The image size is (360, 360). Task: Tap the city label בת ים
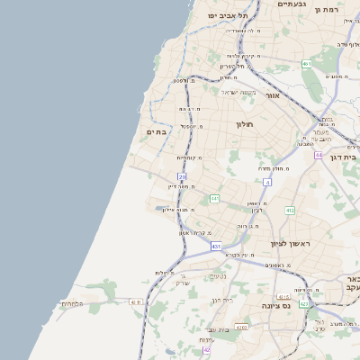coord(157,132)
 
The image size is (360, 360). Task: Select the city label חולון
coord(246,124)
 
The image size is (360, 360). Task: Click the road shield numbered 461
coord(306,64)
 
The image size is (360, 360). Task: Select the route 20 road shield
coord(182,176)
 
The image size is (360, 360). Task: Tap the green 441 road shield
coord(214,197)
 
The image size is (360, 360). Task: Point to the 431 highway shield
coord(216,245)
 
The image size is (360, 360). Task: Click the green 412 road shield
coord(290,210)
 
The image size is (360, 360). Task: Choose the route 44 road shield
coord(318,155)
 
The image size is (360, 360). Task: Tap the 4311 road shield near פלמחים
coord(136,302)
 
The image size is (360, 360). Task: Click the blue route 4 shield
coord(267,182)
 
